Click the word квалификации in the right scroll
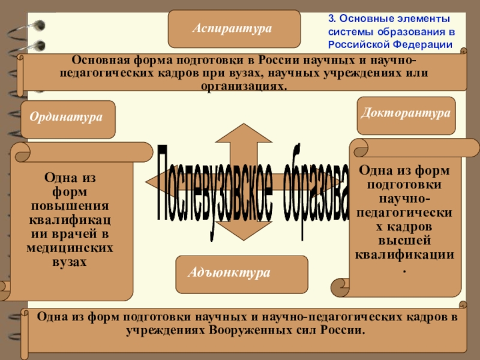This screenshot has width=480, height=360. click(405, 254)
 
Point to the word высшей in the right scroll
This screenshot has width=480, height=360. click(406, 241)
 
